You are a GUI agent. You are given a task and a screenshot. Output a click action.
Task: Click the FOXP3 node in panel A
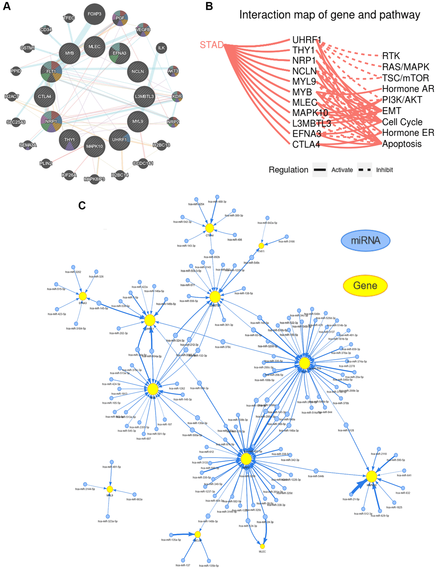[94, 14]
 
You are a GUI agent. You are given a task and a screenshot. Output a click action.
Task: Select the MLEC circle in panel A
[94, 47]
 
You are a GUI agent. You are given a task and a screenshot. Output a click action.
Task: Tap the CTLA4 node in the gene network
[44, 97]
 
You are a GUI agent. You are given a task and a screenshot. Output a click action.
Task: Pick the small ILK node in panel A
[161, 48]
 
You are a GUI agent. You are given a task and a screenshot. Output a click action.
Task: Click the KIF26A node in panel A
[69, 175]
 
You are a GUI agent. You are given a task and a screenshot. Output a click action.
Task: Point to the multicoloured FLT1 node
[51, 72]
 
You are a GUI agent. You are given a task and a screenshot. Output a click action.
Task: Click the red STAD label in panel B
[212, 44]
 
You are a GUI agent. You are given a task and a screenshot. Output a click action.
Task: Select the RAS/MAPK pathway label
[405, 67]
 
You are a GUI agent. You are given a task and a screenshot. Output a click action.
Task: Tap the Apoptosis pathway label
[402, 144]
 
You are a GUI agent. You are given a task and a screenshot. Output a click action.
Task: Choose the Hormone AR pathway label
[408, 89]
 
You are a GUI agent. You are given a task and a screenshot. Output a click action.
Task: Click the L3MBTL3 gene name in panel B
[312, 123]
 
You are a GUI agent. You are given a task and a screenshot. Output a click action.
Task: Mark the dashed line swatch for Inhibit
[365, 170]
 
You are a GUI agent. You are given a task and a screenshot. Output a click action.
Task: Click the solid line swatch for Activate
[320, 170]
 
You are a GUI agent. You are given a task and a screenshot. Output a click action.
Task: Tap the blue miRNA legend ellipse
[365, 241]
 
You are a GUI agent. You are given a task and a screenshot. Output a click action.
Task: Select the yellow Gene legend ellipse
[365, 285]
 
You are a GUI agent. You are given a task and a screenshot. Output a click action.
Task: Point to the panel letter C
[82, 206]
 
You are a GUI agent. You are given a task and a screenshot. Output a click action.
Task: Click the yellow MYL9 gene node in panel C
[110, 489]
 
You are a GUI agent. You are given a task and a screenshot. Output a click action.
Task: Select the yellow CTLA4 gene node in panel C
[209, 228]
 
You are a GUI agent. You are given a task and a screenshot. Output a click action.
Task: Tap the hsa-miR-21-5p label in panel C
[351, 499]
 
